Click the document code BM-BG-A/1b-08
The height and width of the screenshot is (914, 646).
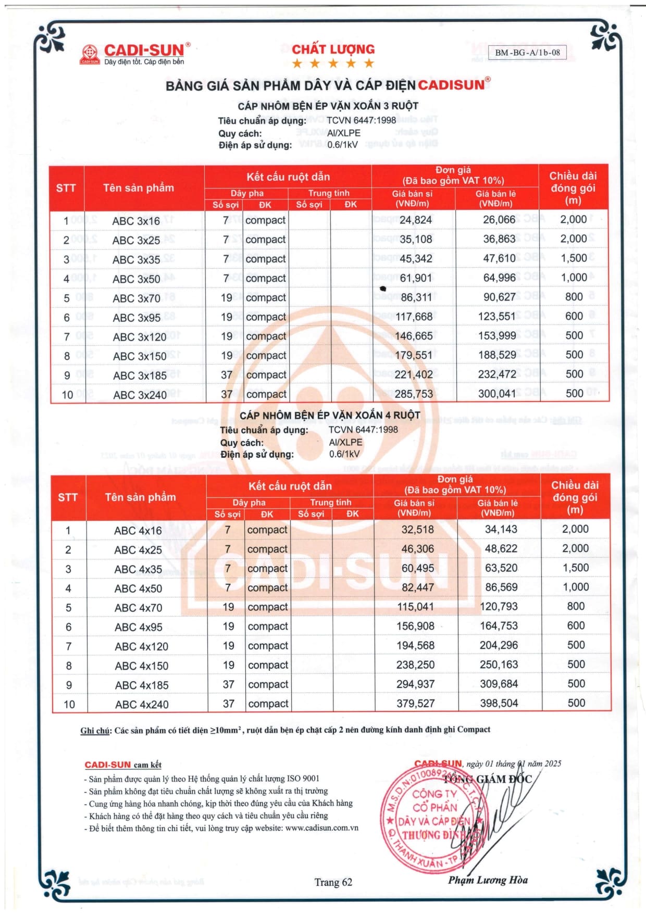527,52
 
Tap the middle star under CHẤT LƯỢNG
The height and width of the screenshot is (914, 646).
333,64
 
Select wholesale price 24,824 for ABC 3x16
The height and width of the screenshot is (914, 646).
415,220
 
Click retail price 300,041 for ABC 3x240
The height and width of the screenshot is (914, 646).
497,394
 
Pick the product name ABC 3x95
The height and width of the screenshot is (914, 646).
137,318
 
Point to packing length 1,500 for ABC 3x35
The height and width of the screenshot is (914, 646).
574,258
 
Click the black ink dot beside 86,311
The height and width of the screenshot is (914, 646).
383,289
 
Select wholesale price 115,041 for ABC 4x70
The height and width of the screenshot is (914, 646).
415,607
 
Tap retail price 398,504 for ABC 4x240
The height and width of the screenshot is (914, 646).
499,703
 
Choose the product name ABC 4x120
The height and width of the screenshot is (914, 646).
141,646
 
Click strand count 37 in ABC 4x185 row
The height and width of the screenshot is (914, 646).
228,684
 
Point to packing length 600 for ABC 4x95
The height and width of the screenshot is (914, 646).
576,625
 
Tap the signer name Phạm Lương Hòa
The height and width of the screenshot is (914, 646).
488,880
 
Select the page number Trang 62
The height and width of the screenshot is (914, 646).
333,882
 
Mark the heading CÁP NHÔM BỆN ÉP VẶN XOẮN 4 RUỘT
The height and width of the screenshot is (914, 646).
330,415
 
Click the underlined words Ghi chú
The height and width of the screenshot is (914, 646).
95,730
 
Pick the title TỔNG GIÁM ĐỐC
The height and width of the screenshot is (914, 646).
487,779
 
